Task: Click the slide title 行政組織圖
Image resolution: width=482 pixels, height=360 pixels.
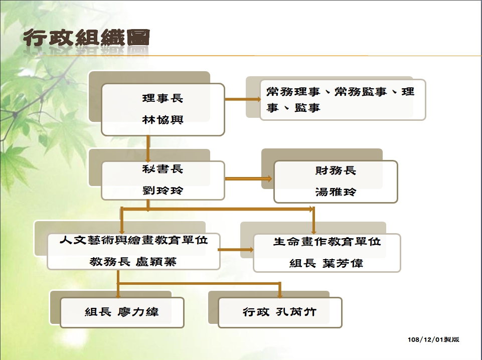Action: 86,38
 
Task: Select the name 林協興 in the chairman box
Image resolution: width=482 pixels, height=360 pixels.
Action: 163,119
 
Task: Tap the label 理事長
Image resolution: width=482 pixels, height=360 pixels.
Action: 163,98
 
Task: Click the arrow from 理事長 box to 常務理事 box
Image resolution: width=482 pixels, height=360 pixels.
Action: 243,99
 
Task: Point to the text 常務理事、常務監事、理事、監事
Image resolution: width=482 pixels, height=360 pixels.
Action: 340,99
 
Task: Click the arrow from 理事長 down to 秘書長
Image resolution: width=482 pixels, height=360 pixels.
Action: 148,149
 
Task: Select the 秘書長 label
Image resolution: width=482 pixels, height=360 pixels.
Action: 163,169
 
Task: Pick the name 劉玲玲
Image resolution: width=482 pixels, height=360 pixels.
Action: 163,191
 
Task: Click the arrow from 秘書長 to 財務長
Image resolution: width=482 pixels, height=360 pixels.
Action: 248,178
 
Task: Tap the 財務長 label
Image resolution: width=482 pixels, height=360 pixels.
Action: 336,170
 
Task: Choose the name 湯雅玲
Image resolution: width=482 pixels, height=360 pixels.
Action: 336,192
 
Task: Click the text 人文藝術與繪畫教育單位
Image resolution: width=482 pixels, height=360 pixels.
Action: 134,240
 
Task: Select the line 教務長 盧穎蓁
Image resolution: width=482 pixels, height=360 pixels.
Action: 133,262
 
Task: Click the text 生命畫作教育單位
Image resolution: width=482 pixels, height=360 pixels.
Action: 327,242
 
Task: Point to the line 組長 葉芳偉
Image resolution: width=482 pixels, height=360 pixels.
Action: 327,263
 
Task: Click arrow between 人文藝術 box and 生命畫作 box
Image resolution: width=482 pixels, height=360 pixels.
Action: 235,249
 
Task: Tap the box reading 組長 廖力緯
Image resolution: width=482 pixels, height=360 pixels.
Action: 122,313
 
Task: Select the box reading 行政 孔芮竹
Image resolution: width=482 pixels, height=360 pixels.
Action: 280,313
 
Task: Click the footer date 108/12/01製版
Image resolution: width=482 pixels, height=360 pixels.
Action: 433,339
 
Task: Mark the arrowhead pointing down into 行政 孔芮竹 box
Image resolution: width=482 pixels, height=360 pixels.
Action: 280,295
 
